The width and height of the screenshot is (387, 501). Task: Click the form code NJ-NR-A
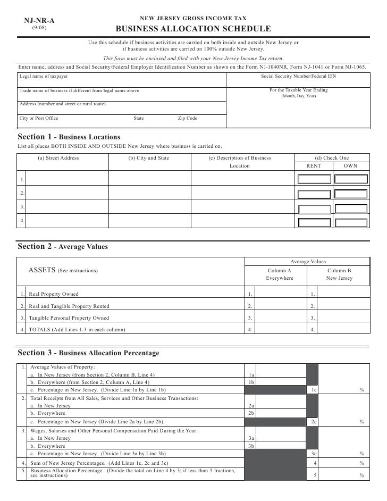pos(39,21)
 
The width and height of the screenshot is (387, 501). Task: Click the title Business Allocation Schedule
pos(193,29)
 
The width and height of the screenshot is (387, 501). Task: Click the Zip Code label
pos(187,118)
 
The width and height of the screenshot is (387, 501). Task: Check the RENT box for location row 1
pos(314,179)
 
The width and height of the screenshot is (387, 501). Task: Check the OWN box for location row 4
pos(350,221)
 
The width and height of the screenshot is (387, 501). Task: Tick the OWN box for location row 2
pos(350,193)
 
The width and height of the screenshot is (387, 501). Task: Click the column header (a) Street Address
pos(58,158)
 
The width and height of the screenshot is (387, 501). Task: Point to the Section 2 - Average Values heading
pos(63,247)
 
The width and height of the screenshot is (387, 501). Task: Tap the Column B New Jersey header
pos(339,274)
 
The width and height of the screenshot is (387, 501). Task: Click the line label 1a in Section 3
pos(251,374)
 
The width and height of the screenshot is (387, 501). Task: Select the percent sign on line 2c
pos(361,422)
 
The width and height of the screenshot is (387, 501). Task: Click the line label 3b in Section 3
pos(251,446)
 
